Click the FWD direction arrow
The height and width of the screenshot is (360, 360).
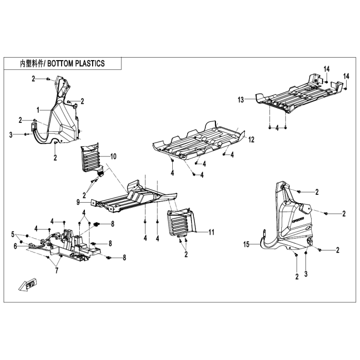click(28, 284)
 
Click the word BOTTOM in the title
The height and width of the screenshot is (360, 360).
click(61, 63)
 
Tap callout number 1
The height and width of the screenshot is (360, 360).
click(38, 110)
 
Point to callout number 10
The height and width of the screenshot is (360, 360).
click(114, 156)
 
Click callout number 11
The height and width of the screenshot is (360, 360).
click(211, 232)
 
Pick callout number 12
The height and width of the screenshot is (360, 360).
click(251, 139)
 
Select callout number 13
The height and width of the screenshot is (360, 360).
click(241, 100)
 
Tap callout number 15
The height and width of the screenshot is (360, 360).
click(246, 244)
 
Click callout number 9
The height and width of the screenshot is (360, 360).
click(78, 202)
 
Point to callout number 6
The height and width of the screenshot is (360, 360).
click(15, 246)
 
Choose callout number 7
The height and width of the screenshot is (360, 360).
click(57, 271)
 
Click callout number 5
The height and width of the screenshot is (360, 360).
click(13, 235)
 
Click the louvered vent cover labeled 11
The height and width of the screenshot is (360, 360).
click(182, 223)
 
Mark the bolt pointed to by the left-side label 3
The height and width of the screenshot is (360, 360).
click(26, 134)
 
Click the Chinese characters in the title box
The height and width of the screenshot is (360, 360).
click(32, 64)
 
